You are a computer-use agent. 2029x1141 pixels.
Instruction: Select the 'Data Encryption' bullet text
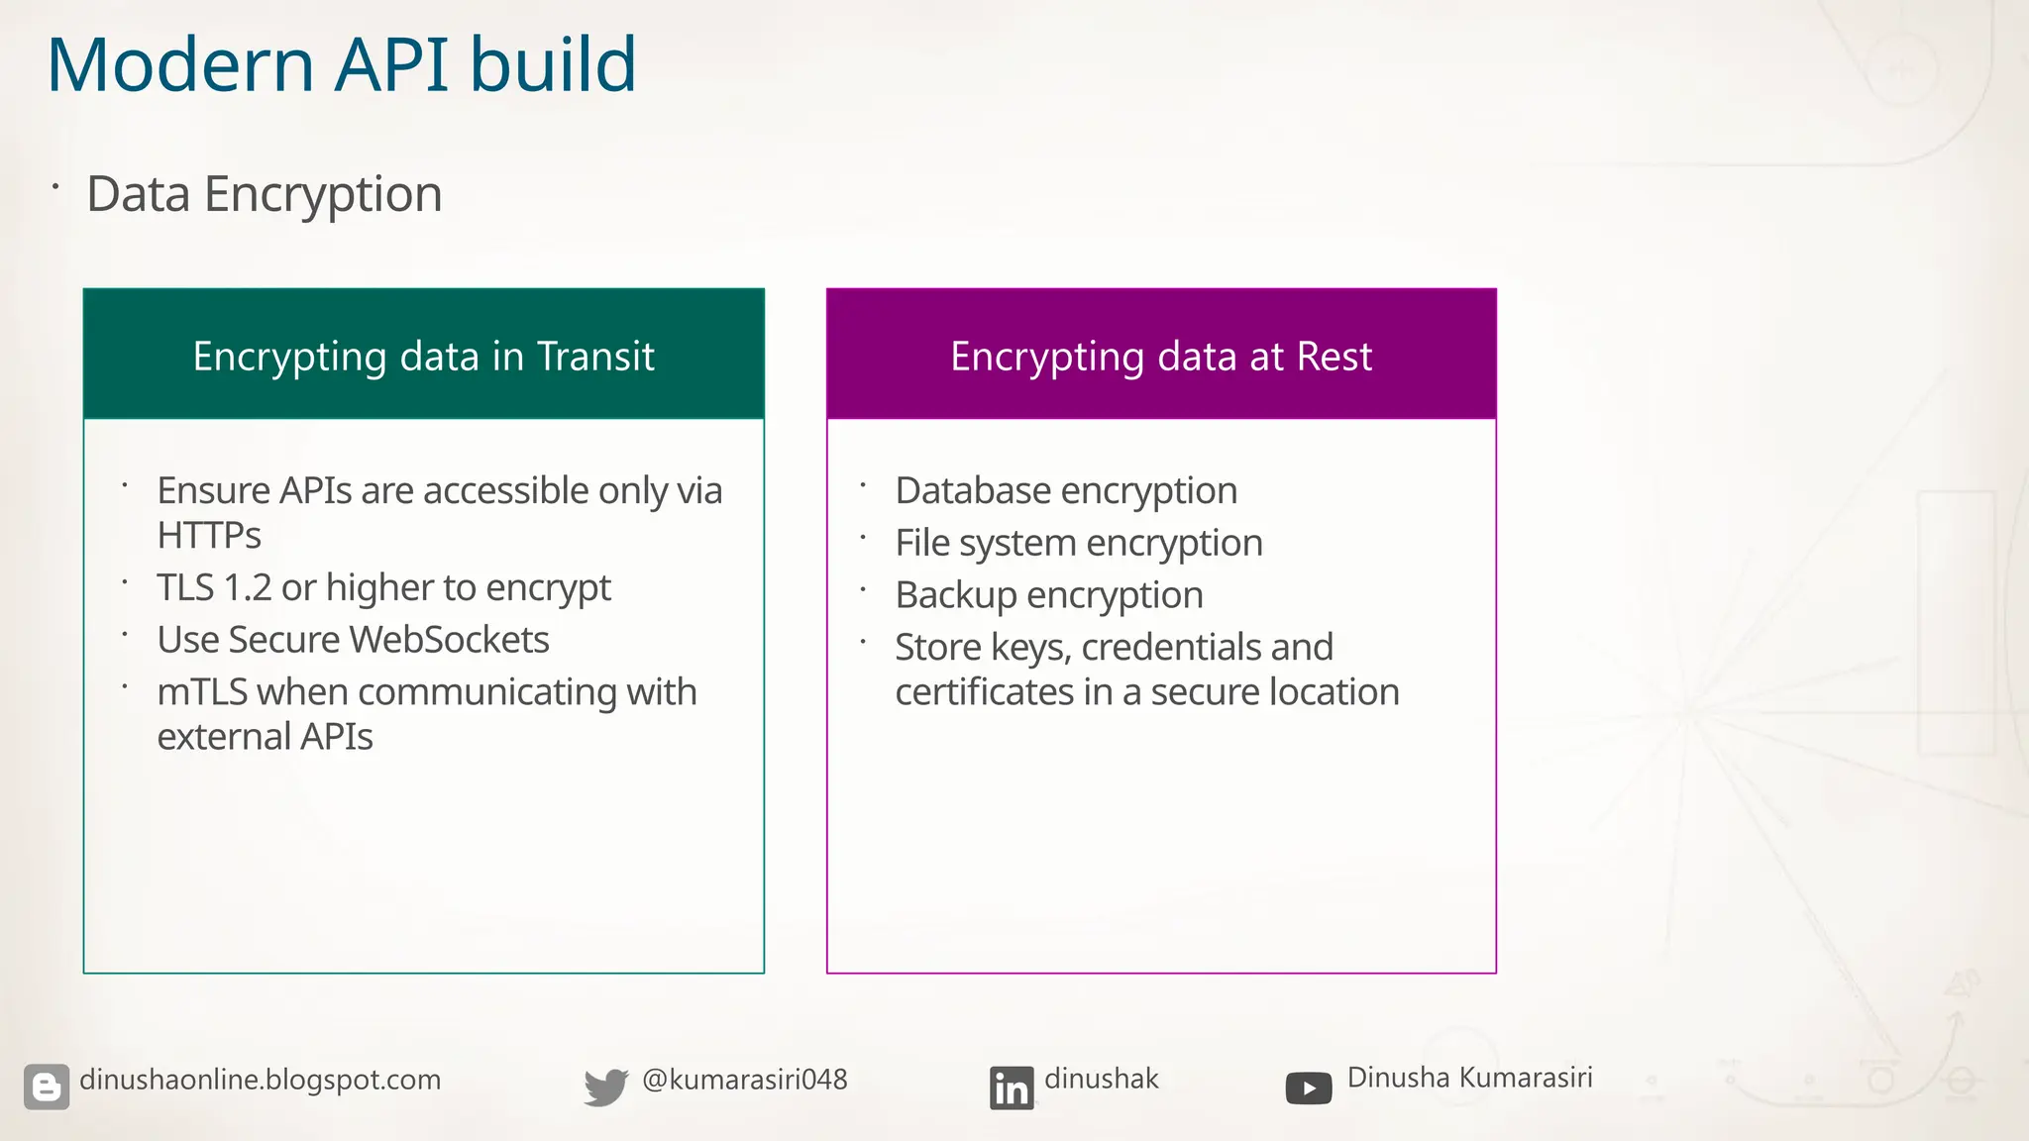(264, 194)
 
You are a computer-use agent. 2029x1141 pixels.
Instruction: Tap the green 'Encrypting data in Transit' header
(423, 356)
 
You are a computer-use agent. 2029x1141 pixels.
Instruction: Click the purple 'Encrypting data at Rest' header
(1161, 356)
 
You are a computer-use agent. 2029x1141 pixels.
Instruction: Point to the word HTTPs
(209, 536)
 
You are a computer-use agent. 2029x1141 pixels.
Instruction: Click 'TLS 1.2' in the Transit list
(214, 587)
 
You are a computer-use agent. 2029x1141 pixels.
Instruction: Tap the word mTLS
(202, 692)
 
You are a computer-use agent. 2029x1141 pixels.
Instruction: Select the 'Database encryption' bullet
(1066, 491)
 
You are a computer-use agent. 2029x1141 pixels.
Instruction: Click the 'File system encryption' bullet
(1079, 544)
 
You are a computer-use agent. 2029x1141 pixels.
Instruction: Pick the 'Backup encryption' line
(1049, 595)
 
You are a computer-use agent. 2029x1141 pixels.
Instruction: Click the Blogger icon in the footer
(47, 1087)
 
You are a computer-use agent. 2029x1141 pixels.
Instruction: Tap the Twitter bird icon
(605, 1087)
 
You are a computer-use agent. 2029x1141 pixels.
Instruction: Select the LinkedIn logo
(1012, 1088)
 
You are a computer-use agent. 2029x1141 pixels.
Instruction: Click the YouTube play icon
(1308, 1089)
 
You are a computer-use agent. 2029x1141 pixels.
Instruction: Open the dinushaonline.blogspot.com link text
(260, 1080)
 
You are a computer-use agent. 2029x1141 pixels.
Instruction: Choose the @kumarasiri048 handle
(745, 1080)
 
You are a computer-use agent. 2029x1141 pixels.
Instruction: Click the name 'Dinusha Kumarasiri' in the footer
(1469, 1078)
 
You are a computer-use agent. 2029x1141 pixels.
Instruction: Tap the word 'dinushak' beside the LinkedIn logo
(1101, 1079)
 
